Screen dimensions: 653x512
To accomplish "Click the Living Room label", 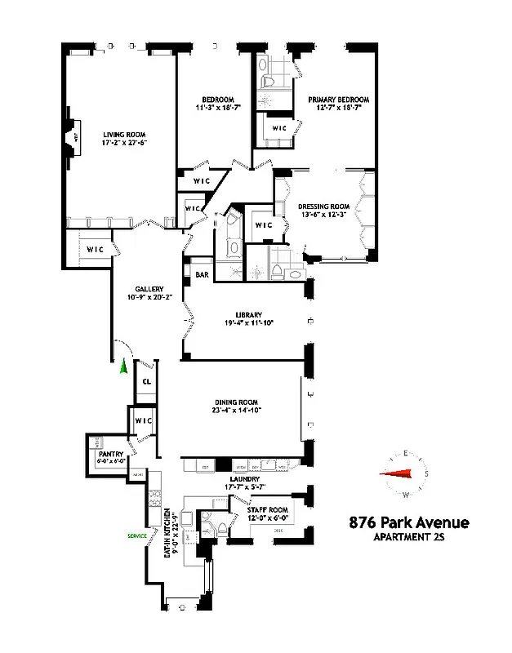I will [x=124, y=134].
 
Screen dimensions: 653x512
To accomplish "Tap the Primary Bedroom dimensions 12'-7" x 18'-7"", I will [x=334, y=107].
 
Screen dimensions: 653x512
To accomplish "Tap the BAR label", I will [x=202, y=275].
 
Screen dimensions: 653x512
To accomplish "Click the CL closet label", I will [x=147, y=380].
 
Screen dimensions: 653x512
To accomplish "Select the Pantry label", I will [x=110, y=454].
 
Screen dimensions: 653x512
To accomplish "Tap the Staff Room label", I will [x=266, y=508].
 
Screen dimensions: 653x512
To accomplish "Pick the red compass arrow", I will [x=401, y=473].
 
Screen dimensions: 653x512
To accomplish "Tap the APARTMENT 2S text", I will [x=409, y=536].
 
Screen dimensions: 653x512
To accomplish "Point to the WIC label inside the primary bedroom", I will [x=278, y=128].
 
